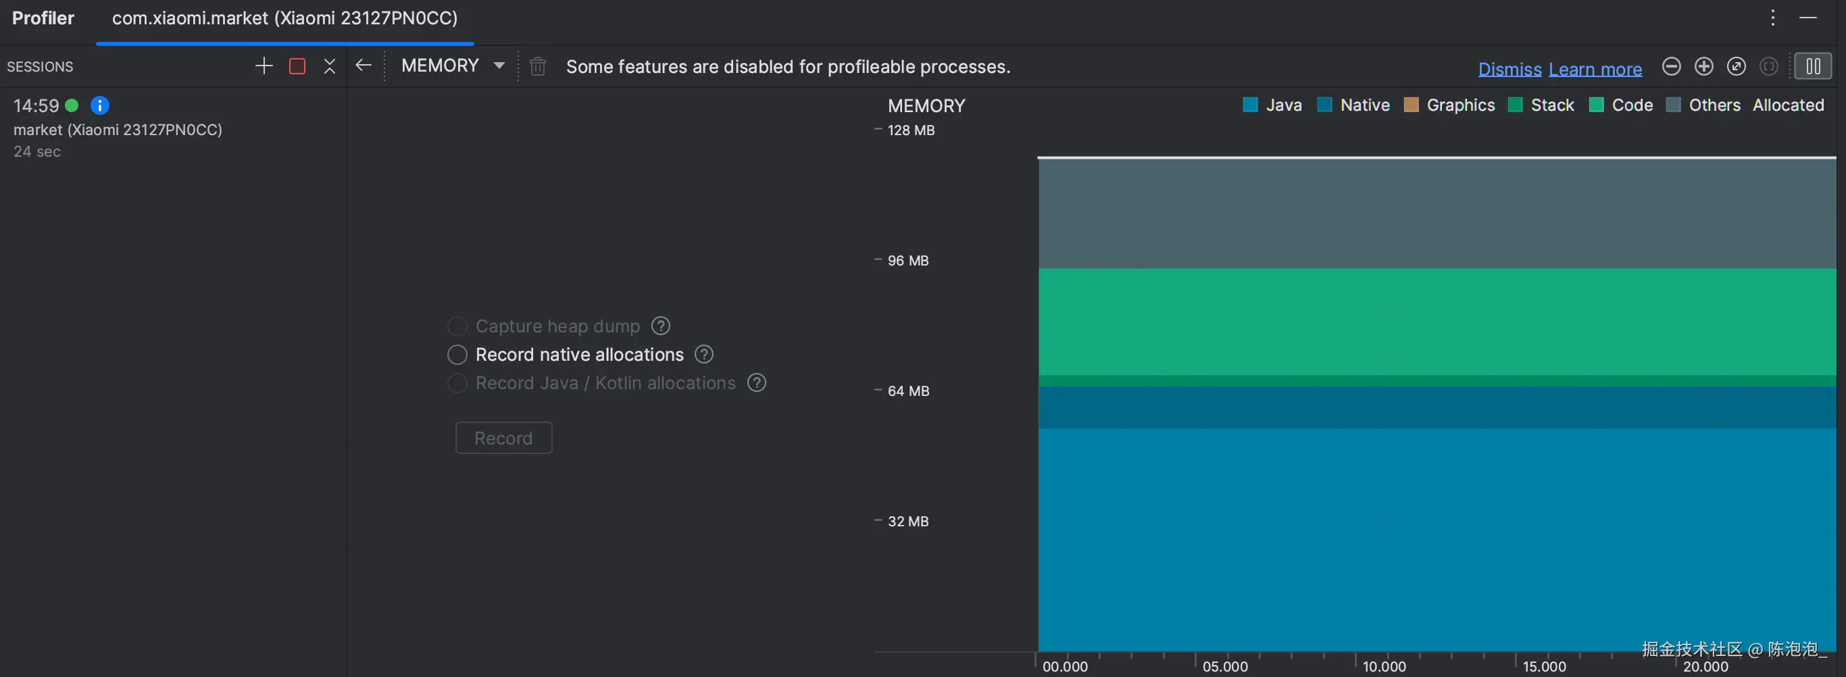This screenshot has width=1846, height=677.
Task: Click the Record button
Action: click(503, 438)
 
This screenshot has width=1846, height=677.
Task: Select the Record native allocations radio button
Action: click(457, 355)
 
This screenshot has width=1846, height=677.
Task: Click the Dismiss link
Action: click(1510, 69)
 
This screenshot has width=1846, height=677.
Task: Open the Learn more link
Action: click(1595, 69)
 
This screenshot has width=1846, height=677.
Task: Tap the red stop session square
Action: click(297, 67)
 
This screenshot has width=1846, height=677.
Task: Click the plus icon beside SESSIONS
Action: click(264, 67)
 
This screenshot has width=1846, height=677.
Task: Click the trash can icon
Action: click(537, 67)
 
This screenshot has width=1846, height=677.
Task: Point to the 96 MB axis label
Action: click(907, 261)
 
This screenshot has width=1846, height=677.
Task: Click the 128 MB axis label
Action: click(911, 130)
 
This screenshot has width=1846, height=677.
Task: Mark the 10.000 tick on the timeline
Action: click(1384, 666)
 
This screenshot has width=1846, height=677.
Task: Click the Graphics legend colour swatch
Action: click(1411, 105)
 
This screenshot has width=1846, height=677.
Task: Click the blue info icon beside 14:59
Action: click(99, 106)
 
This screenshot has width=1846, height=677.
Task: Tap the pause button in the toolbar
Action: click(1812, 67)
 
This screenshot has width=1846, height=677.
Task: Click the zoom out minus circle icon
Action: click(1671, 67)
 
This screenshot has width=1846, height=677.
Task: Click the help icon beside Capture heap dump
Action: click(660, 326)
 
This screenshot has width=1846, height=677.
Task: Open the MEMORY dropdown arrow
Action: click(499, 66)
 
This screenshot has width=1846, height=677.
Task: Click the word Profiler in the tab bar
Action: click(43, 18)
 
